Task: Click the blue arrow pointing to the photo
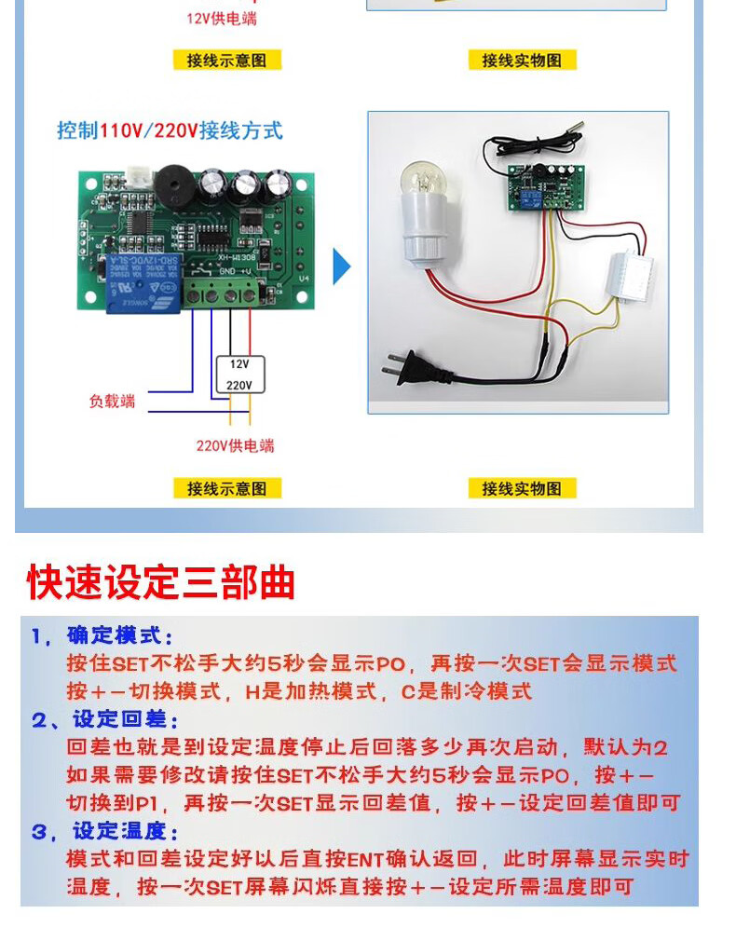(x=342, y=268)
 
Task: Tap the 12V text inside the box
(x=240, y=364)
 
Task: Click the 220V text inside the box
(x=240, y=384)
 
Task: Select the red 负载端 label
(x=112, y=402)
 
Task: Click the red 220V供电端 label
(x=235, y=445)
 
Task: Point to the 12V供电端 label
(x=222, y=19)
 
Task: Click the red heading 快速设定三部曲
(x=161, y=582)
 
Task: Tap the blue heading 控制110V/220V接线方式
(x=170, y=130)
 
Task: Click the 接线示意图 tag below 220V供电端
(x=226, y=488)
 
